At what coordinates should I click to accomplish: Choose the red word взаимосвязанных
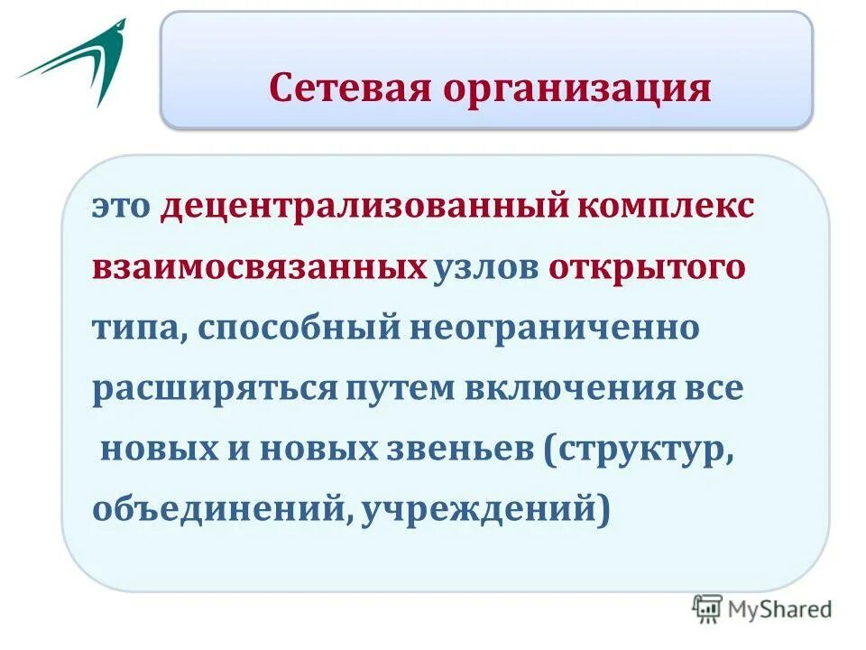coord(259,269)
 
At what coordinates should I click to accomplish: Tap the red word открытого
coord(646,269)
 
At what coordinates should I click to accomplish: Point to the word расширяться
coord(213,389)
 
